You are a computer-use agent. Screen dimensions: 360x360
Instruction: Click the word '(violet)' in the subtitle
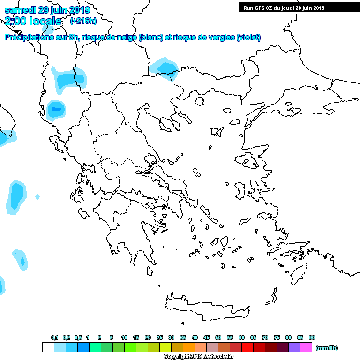pos(248,38)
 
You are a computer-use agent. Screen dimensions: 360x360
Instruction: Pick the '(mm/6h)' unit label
pos(327,348)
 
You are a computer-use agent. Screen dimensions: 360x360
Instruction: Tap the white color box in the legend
pos(48,347)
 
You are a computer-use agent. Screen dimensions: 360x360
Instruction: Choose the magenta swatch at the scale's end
pos(306,347)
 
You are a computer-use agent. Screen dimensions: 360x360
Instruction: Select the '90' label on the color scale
pos(312,337)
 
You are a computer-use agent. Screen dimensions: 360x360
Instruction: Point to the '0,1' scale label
pos(54,337)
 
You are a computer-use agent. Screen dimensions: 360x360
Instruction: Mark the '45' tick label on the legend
pos(206,337)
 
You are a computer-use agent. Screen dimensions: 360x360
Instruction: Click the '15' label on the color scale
pos(136,337)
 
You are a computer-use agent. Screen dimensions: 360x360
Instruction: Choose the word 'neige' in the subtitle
pos(127,38)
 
